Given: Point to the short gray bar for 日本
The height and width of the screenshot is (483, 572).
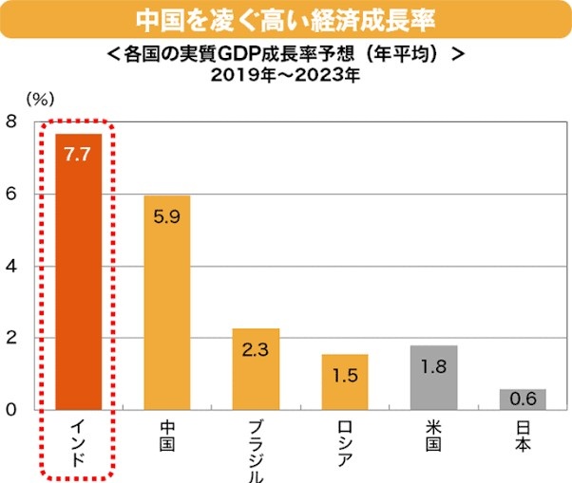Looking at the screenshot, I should click(x=523, y=400).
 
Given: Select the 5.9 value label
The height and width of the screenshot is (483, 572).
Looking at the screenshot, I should click(x=167, y=216).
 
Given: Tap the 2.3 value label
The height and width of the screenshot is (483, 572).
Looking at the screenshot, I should click(x=256, y=349).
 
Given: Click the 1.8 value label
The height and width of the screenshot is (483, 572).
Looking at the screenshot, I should click(x=433, y=365).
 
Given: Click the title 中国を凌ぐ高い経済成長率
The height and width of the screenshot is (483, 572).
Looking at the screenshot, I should click(x=286, y=19).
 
